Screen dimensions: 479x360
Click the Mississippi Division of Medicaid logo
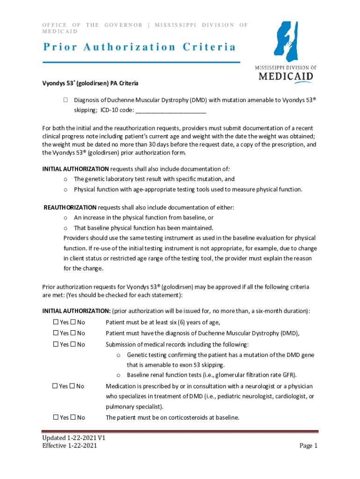[x=285, y=51]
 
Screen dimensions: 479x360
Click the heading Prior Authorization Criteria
[x=139, y=47]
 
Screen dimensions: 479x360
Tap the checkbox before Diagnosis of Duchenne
[x=66, y=100]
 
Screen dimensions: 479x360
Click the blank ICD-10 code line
[x=170, y=110]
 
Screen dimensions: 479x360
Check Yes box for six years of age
[x=55, y=322]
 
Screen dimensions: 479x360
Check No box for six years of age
[x=73, y=322]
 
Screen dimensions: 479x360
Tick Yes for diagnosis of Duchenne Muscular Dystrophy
[x=55, y=333]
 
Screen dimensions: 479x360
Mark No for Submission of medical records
[x=73, y=344]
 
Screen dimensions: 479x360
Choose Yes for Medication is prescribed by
[x=54, y=386]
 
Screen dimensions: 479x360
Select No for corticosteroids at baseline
[x=73, y=417]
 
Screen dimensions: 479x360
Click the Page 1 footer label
[x=309, y=445]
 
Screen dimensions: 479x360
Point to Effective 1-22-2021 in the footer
[x=70, y=446]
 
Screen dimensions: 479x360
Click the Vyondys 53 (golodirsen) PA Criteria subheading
[x=90, y=83]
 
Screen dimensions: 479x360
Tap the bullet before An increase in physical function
[x=66, y=218]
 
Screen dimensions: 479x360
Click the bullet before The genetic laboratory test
[x=66, y=179]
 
